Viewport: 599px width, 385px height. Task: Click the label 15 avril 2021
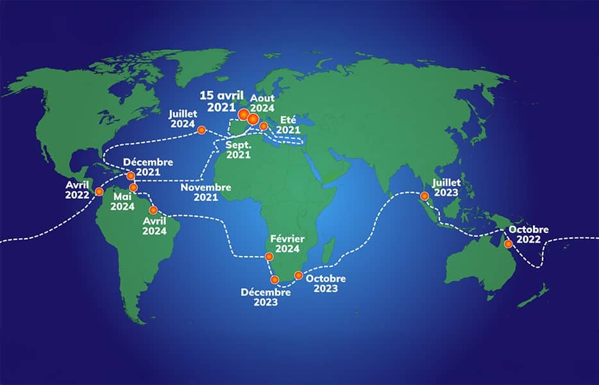click(x=221, y=101)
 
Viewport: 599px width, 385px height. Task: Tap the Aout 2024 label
click(x=262, y=103)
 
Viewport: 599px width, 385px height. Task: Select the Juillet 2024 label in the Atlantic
click(x=182, y=119)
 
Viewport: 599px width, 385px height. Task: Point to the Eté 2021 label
click(x=289, y=124)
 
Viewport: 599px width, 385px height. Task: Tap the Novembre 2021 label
click(x=206, y=193)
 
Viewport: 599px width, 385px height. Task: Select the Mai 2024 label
click(x=121, y=201)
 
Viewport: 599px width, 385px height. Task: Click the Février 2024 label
click(x=287, y=244)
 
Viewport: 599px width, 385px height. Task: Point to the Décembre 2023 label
click(x=266, y=297)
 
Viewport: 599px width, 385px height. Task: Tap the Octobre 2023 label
click(x=326, y=284)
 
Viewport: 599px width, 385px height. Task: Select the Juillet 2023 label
click(x=446, y=187)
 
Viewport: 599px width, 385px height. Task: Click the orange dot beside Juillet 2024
click(x=201, y=130)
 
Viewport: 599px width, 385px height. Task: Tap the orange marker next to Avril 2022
click(x=99, y=191)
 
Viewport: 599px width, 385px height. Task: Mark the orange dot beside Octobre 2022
click(x=508, y=244)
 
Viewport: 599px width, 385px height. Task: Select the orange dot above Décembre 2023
click(x=274, y=280)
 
